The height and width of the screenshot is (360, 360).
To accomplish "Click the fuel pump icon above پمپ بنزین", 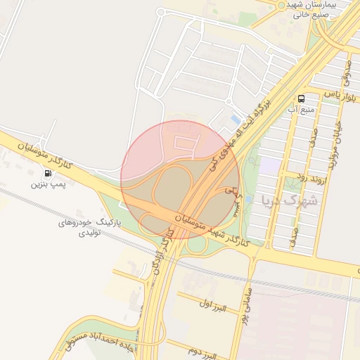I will [x=47, y=173].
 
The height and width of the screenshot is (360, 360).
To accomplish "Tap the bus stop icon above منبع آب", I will [x=301, y=98].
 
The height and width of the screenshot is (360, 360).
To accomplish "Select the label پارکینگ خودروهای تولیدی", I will [x=90, y=226].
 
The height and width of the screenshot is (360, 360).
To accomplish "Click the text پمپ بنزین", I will [x=47, y=184].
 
